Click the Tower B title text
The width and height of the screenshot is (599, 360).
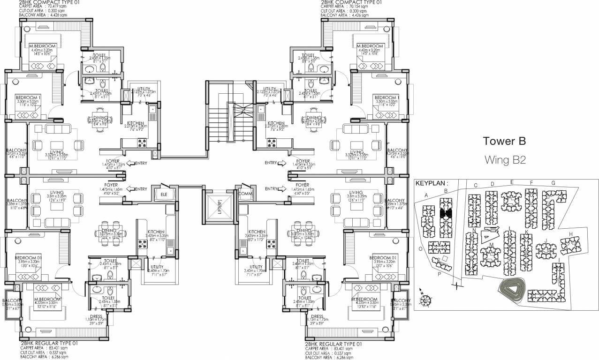pyautogui.click(x=504, y=141)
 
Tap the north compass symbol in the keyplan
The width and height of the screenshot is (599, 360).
pyautogui.click(x=426, y=297)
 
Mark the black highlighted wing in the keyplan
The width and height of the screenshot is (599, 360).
pyautogui.click(x=446, y=214)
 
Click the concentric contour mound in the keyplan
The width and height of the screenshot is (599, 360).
pyautogui.click(x=511, y=290)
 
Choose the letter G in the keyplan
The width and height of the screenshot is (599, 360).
pyautogui.click(x=554, y=183)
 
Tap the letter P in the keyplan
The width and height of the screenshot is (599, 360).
pyautogui.click(x=439, y=275)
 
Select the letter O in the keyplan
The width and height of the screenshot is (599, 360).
pyautogui.click(x=420, y=249)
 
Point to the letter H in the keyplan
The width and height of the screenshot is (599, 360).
pyautogui.click(x=570, y=234)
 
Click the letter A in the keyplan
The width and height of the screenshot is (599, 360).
pyautogui.click(x=426, y=195)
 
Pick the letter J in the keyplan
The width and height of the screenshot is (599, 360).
pyautogui.click(x=546, y=241)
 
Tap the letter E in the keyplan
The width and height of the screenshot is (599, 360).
pyautogui.click(x=512, y=182)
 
